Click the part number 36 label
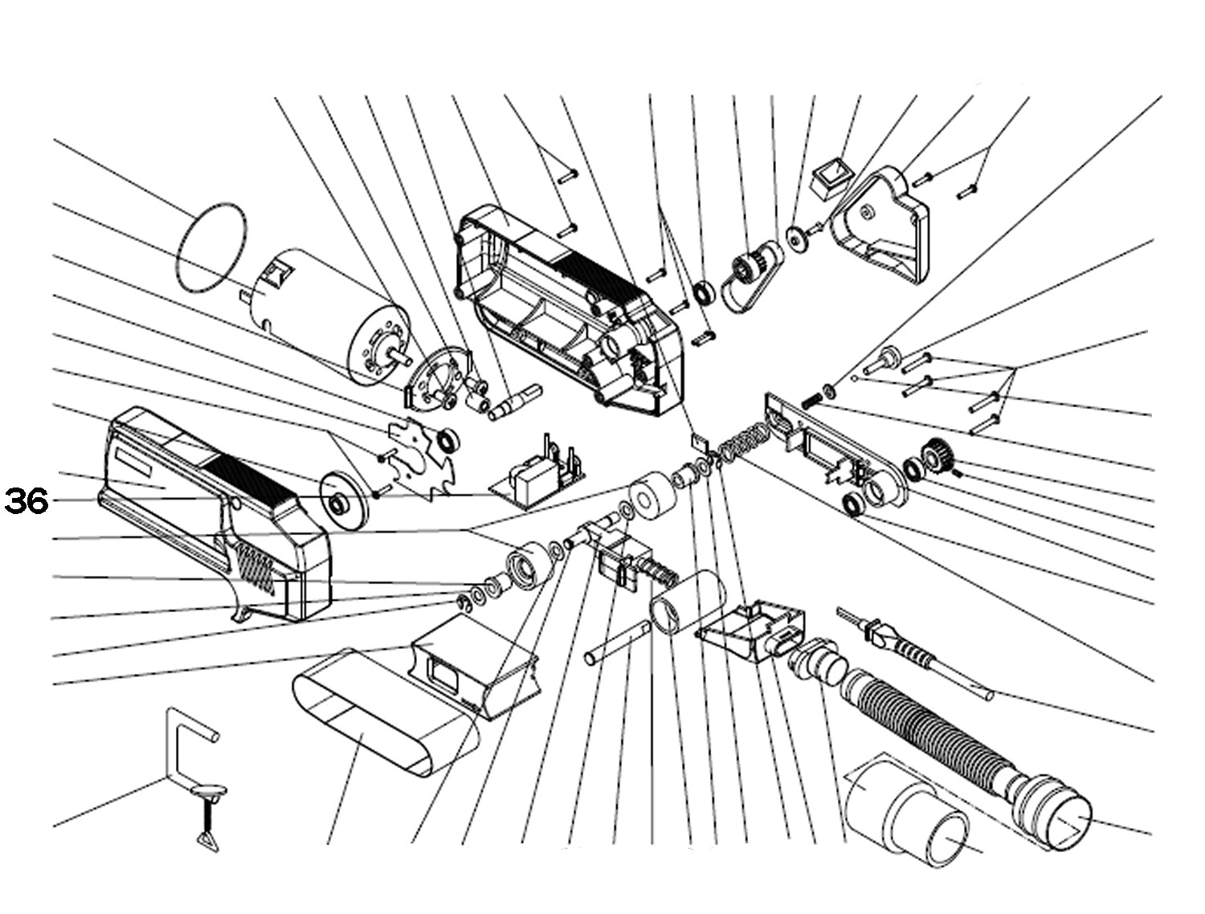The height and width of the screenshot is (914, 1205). pos(27,502)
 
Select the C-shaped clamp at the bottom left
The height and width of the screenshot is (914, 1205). pos(178,743)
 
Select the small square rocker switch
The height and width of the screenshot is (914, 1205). pos(831,180)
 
